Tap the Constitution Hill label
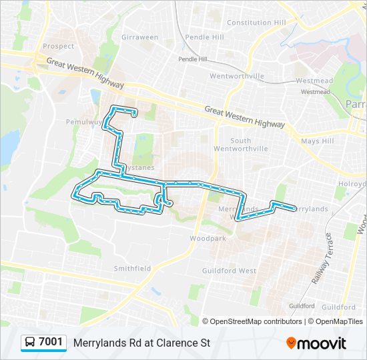pos(256,23)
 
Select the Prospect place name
pos(58,47)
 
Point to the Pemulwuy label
pos(82,122)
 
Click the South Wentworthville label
pos(250,145)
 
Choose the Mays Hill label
pos(317,141)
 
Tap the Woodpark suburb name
pos(207,238)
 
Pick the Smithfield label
pos(129,269)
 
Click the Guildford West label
pos(229,271)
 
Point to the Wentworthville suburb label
pos(238,77)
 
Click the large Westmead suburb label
pos(314,81)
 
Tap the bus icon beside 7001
pos(30,343)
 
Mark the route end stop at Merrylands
pos(294,209)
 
